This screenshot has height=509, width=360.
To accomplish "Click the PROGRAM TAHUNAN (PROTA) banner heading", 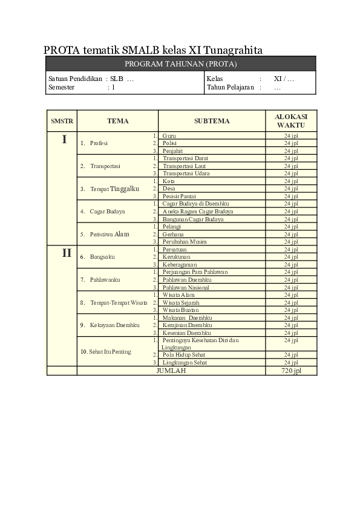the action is (x=180, y=63).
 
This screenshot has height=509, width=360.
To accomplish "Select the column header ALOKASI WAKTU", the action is (x=291, y=120).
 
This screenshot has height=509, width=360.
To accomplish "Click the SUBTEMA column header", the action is (x=212, y=121).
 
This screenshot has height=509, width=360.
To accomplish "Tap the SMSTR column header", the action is (x=62, y=121).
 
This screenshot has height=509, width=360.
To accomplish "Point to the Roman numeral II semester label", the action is (x=67, y=253).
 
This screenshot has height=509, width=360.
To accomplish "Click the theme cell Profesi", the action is (x=98, y=143).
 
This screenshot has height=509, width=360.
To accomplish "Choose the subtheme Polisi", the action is (x=170, y=143).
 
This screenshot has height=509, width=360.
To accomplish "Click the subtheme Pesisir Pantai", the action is (x=180, y=196).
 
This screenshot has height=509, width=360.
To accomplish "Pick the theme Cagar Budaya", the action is (x=108, y=212).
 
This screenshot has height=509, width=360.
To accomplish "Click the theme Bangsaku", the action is (x=102, y=257).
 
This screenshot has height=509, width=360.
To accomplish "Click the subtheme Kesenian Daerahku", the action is (x=187, y=332).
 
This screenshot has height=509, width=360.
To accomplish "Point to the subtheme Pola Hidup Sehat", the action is (x=185, y=355).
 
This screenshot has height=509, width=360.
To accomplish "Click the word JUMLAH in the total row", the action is (x=171, y=371).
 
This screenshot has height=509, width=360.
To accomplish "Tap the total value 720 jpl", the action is (x=291, y=371).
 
